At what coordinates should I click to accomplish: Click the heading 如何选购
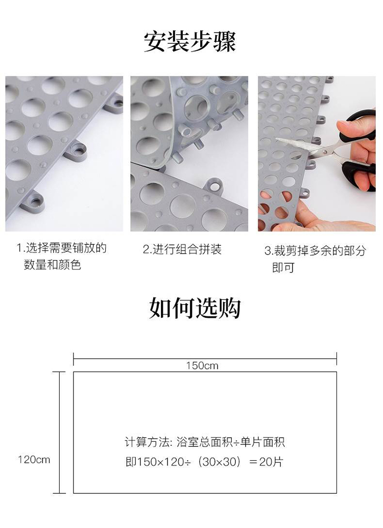[195, 308]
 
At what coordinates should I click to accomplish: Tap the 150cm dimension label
[202, 366]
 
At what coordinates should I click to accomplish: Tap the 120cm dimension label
[34, 460]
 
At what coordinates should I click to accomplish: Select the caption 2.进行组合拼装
[182, 249]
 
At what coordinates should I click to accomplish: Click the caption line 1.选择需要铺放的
[61, 248]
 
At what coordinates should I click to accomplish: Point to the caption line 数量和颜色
[52, 265]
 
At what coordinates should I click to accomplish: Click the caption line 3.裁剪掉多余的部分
[315, 251]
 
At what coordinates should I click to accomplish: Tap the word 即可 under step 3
[283, 268]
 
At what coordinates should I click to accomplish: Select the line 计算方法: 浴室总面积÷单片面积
[205, 442]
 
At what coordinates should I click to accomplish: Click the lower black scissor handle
[360, 175]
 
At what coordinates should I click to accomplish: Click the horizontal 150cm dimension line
[205, 359]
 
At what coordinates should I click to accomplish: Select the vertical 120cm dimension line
[60, 433]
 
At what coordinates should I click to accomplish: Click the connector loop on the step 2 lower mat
[213, 186]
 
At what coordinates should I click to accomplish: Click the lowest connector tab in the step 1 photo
[33, 202]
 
